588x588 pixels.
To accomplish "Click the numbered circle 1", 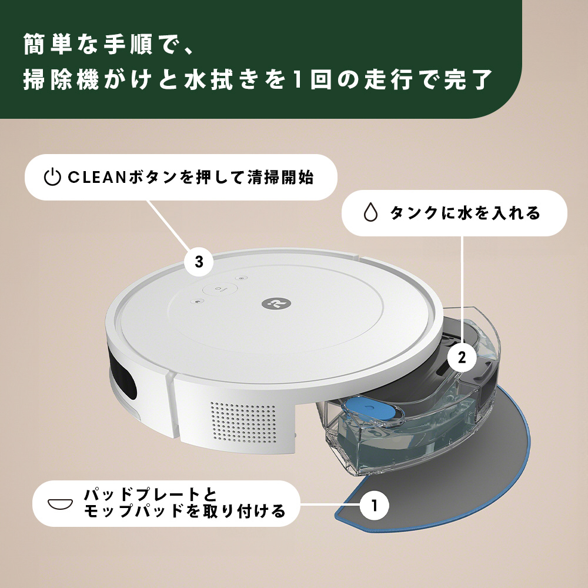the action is click(x=374, y=505).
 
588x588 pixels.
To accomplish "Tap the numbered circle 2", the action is click(x=462, y=357).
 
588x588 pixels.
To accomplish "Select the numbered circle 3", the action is click(x=199, y=262).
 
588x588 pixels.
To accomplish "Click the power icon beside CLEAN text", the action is click(x=52, y=177).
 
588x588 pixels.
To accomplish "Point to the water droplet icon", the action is click(x=370, y=213).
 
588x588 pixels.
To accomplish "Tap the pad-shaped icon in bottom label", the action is click(x=61, y=503).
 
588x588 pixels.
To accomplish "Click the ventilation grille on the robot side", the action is click(x=242, y=421).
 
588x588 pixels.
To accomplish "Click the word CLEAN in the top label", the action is click(x=96, y=178).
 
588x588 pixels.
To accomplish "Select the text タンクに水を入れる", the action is click(x=465, y=213).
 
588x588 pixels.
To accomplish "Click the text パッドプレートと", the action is click(x=151, y=495).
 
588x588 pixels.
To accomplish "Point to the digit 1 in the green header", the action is click(x=297, y=79).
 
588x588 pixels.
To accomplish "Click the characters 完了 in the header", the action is click(x=469, y=79).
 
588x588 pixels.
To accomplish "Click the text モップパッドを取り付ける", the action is click(x=184, y=511).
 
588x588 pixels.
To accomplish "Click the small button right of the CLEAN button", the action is click(x=242, y=279).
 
